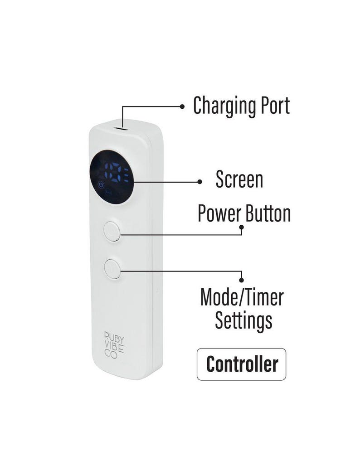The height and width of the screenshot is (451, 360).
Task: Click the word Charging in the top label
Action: (x=225, y=106)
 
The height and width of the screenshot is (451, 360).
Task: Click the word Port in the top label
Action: (x=275, y=106)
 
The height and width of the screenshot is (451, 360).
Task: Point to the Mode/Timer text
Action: (x=242, y=297)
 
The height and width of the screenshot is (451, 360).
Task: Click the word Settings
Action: (x=244, y=320)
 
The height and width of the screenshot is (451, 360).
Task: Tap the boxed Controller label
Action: (x=242, y=364)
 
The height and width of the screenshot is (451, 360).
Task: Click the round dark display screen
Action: (x=112, y=177)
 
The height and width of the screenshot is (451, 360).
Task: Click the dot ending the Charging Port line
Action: (x=182, y=107)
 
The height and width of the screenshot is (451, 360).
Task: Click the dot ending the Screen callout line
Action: (x=199, y=182)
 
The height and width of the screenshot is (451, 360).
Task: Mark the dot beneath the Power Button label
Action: (x=242, y=227)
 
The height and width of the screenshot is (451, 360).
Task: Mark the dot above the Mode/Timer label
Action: (x=242, y=280)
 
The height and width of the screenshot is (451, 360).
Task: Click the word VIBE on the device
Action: (x=114, y=345)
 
